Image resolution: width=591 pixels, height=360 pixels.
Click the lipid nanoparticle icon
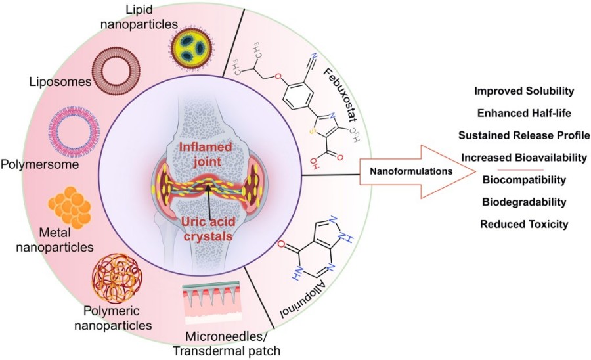click(192, 47)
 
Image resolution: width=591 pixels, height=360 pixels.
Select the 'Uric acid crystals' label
click(209, 227)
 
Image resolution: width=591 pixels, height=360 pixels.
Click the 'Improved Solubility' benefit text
click(523, 90)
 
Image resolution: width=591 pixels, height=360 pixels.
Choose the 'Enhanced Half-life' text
click(523, 112)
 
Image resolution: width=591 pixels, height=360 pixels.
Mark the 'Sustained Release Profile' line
click(523, 135)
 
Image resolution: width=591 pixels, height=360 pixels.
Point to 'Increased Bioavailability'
click(523, 157)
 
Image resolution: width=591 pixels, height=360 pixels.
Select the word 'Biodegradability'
click(523, 202)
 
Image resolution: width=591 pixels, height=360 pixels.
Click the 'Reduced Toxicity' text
click(523, 224)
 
